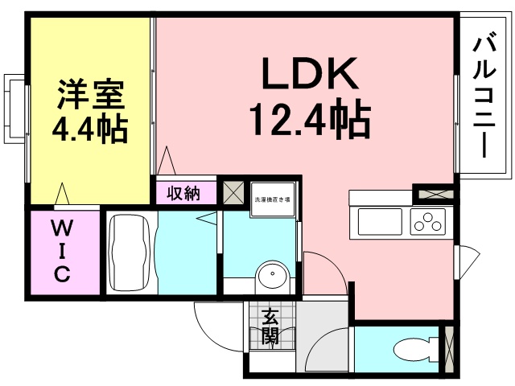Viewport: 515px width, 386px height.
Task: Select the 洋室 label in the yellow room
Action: coord(90,96)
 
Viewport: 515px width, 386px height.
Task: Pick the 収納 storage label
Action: coord(184,193)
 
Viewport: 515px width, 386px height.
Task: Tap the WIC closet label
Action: coord(62,251)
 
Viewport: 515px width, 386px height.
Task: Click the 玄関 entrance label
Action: coord(270,326)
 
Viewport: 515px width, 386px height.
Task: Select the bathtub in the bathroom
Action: coord(129,251)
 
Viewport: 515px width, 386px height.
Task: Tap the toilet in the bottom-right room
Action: coord(414,349)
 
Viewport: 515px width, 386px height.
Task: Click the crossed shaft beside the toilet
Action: coord(449,348)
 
